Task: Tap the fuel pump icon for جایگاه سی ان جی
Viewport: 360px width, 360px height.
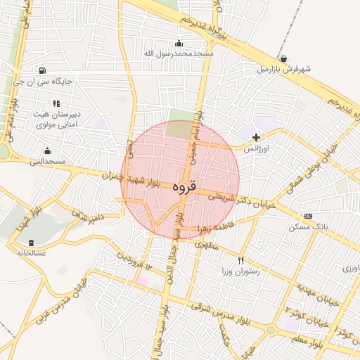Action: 44,70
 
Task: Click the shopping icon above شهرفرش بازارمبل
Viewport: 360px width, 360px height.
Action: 283,58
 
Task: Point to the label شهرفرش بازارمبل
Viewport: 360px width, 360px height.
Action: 283,70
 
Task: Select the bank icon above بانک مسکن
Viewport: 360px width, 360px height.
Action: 307,216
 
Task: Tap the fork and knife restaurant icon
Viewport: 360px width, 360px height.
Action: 241,259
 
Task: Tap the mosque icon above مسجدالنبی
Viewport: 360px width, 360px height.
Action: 47,150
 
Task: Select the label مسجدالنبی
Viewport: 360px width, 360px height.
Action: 47,162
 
